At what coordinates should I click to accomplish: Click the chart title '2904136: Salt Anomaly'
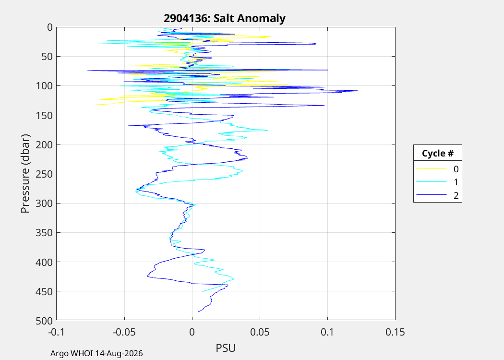pyautogui.click(x=224, y=18)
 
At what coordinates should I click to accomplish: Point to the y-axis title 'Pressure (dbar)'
pyautogui.click(x=25, y=174)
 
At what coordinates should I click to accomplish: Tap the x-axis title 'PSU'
pyautogui.click(x=226, y=348)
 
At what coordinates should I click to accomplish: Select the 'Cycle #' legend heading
pyautogui.click(x=437, y=153)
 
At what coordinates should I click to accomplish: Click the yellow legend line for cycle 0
pyautogui.click(x=432, y=169)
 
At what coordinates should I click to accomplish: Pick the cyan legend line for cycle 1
pyautogui.click(x=432, y=182)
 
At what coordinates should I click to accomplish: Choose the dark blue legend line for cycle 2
pyautogui.click(x=432, y=195)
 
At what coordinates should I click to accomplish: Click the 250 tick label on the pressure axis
pyautogui.click(x=44, y=174)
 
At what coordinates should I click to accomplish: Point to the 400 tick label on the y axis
pyautogui.click(x=44, y=262)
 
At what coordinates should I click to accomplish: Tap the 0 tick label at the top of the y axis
pyautogui.click(x=50, y=27)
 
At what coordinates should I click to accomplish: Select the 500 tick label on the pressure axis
pyautogui.click(x=44, y=321)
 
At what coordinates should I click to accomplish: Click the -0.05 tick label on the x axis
pyautogui.click(x=124, y=332)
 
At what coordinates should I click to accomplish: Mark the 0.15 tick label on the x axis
pyautogui.click(x=395, y=332)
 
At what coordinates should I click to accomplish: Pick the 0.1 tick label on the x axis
pyautogui.click(x=327, y=332)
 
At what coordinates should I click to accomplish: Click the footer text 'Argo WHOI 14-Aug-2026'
pyautogui.click(x=96, y=354)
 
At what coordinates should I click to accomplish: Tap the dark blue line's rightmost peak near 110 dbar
pyautogui.click(x=357, y=91)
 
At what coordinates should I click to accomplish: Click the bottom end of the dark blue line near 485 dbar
pyautogui.click(x=198, y=312)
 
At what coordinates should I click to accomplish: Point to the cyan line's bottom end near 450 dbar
pyautogui.click(x=203, y=291)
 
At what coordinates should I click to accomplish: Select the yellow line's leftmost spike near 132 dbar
pyautogui.click(x=95, y=105)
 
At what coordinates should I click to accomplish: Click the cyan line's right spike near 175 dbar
pyautogui.click(x=267, y=130)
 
